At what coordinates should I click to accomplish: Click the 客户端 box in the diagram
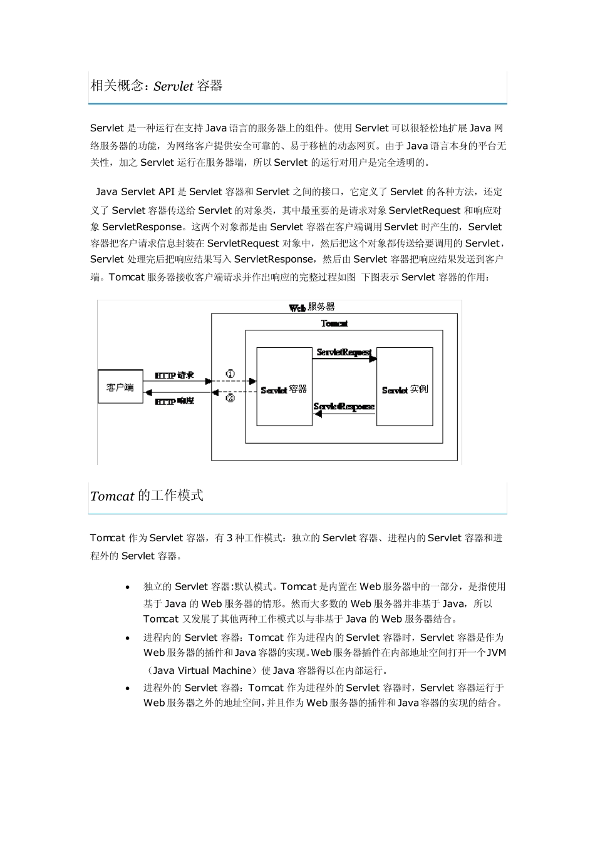120,387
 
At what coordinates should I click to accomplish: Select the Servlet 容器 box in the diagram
284,387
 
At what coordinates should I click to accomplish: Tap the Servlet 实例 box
405,387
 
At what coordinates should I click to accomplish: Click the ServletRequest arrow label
344,352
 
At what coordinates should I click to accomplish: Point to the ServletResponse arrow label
344,407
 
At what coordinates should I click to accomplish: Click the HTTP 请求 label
174,375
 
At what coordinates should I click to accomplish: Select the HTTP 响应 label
174,400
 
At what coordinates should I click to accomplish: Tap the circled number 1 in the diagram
230,374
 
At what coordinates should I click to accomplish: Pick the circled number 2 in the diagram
230,398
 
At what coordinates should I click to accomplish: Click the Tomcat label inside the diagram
334,324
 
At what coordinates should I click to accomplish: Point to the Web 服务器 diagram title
312,307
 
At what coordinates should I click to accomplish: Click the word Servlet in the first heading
173,86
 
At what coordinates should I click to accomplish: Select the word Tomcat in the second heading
112,496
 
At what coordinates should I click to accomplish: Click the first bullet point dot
128,588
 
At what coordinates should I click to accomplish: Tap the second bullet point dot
128,638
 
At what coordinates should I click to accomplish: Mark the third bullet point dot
128,688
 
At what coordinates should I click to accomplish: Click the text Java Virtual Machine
202,670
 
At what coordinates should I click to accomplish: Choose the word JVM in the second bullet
496,653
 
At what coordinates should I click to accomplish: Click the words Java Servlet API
135,192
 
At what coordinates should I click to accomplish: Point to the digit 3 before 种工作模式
229,538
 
